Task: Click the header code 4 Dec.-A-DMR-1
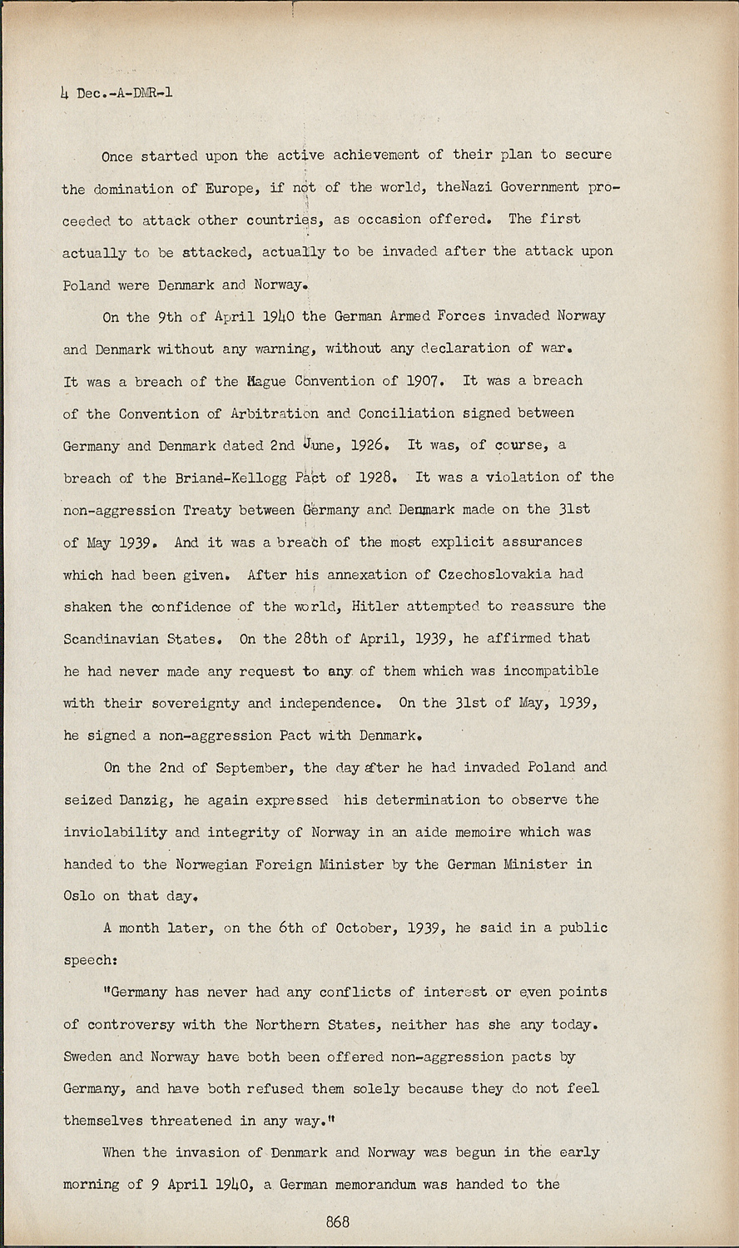tap(117, 92)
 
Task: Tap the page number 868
tap(337, 1221)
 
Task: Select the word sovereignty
tap(196, 703)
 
